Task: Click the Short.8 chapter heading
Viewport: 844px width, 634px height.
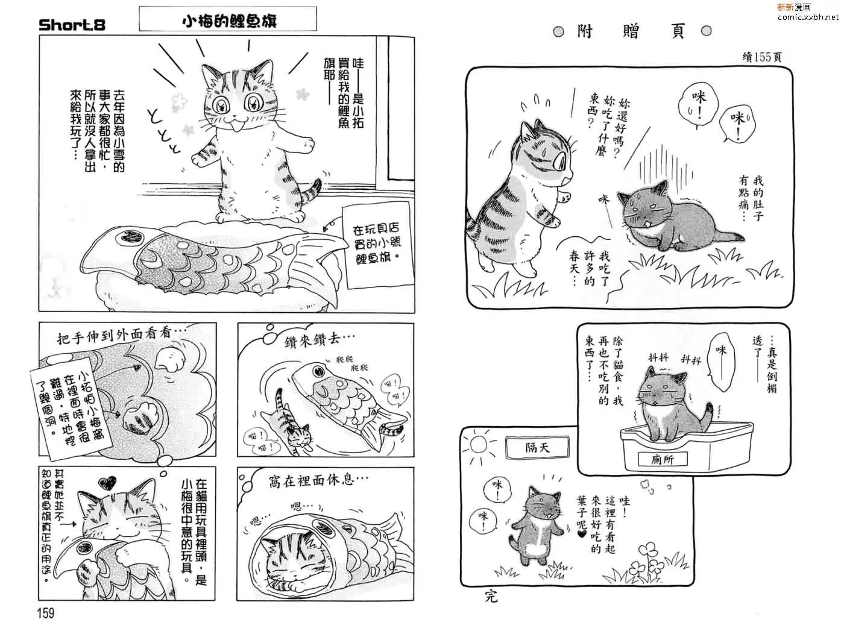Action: [72, 25]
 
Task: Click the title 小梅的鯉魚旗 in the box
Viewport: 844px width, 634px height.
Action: [230, 20]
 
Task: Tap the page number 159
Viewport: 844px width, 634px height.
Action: [46, 612]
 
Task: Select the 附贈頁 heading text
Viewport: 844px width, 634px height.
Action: [631, 31]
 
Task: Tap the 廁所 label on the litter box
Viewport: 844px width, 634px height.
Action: [662, 459]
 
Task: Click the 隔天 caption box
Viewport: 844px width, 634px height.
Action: [537, 447]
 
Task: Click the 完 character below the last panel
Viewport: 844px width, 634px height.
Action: [491, 596]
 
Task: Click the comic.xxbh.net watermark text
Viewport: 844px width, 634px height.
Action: [807, 17]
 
